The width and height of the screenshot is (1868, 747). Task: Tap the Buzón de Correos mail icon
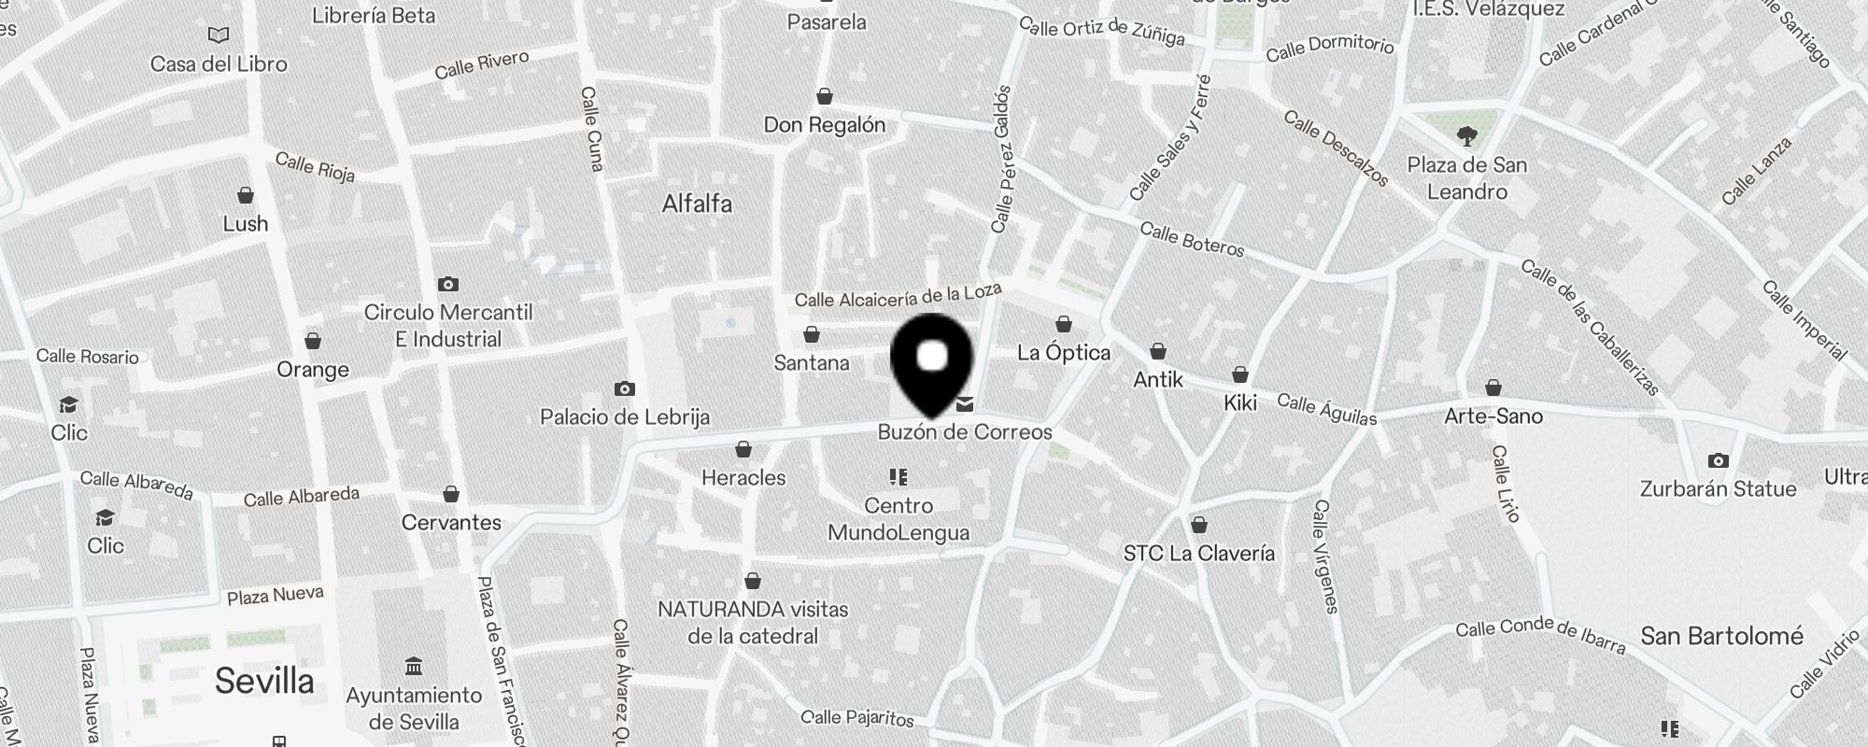coord(965,404)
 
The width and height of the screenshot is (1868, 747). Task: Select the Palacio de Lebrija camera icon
coord(625,388)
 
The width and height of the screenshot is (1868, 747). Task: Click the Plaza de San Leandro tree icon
coord(1467,136)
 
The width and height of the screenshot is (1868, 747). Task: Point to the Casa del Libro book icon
coord(219,35)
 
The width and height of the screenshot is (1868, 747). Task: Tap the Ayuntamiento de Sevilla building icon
coord(414,666)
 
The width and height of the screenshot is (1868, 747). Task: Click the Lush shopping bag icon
coord(246,195)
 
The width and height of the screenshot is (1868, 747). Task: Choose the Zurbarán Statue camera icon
coord(1718,460)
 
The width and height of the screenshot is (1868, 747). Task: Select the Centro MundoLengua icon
coord(899,477)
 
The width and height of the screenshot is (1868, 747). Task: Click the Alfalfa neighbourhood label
coord(697,204)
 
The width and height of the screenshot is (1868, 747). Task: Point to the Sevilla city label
coord(264,681)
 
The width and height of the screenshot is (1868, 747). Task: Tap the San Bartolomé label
coord(1721,637)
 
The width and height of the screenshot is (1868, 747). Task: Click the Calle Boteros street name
coord(1192,240)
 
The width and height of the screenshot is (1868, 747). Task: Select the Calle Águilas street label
coord(1326,409)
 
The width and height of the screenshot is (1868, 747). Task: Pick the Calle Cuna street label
coord(592,129)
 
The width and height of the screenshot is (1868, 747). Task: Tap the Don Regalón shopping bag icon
coord(825,96)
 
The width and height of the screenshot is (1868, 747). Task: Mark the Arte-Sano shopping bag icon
coord(1493,388)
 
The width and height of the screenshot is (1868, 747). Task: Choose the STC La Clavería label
coord(1198,553)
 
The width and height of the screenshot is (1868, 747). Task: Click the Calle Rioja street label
coord(315,167)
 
